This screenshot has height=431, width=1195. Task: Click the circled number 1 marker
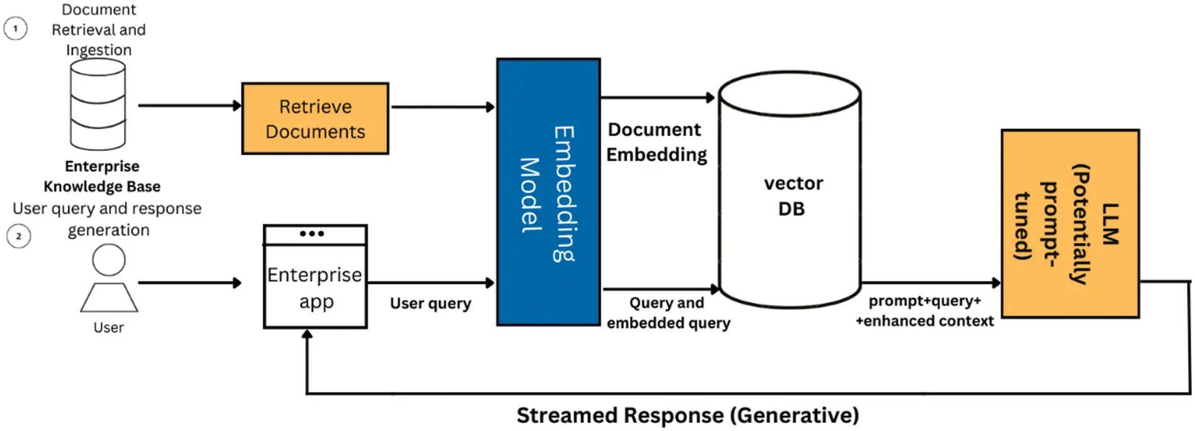(16, 28)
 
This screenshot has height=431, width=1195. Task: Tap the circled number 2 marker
(19, 237)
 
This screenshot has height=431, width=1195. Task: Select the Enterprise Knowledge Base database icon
(97, 104)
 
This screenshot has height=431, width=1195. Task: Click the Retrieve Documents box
(315, 118)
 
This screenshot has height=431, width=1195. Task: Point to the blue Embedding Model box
(548, 192)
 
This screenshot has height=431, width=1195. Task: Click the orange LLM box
(1070, 223)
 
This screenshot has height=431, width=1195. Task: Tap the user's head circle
(109, 260)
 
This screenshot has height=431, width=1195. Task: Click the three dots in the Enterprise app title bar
(312, 233)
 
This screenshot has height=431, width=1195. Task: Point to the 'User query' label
(430, 303)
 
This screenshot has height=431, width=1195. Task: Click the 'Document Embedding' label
(656, 142)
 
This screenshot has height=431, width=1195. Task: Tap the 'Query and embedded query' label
(668, 313)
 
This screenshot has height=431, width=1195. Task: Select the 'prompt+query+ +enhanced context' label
(925, 311)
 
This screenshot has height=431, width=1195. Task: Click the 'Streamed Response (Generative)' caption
(687, 415)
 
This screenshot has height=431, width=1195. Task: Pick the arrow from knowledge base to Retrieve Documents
(189, 106)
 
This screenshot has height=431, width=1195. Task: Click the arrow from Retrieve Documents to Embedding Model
(442, 107)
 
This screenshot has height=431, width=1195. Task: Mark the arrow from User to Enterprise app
(189, 283)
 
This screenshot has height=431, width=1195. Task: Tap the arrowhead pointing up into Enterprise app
(307, 335)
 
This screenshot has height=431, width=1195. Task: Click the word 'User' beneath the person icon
(109, 328)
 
